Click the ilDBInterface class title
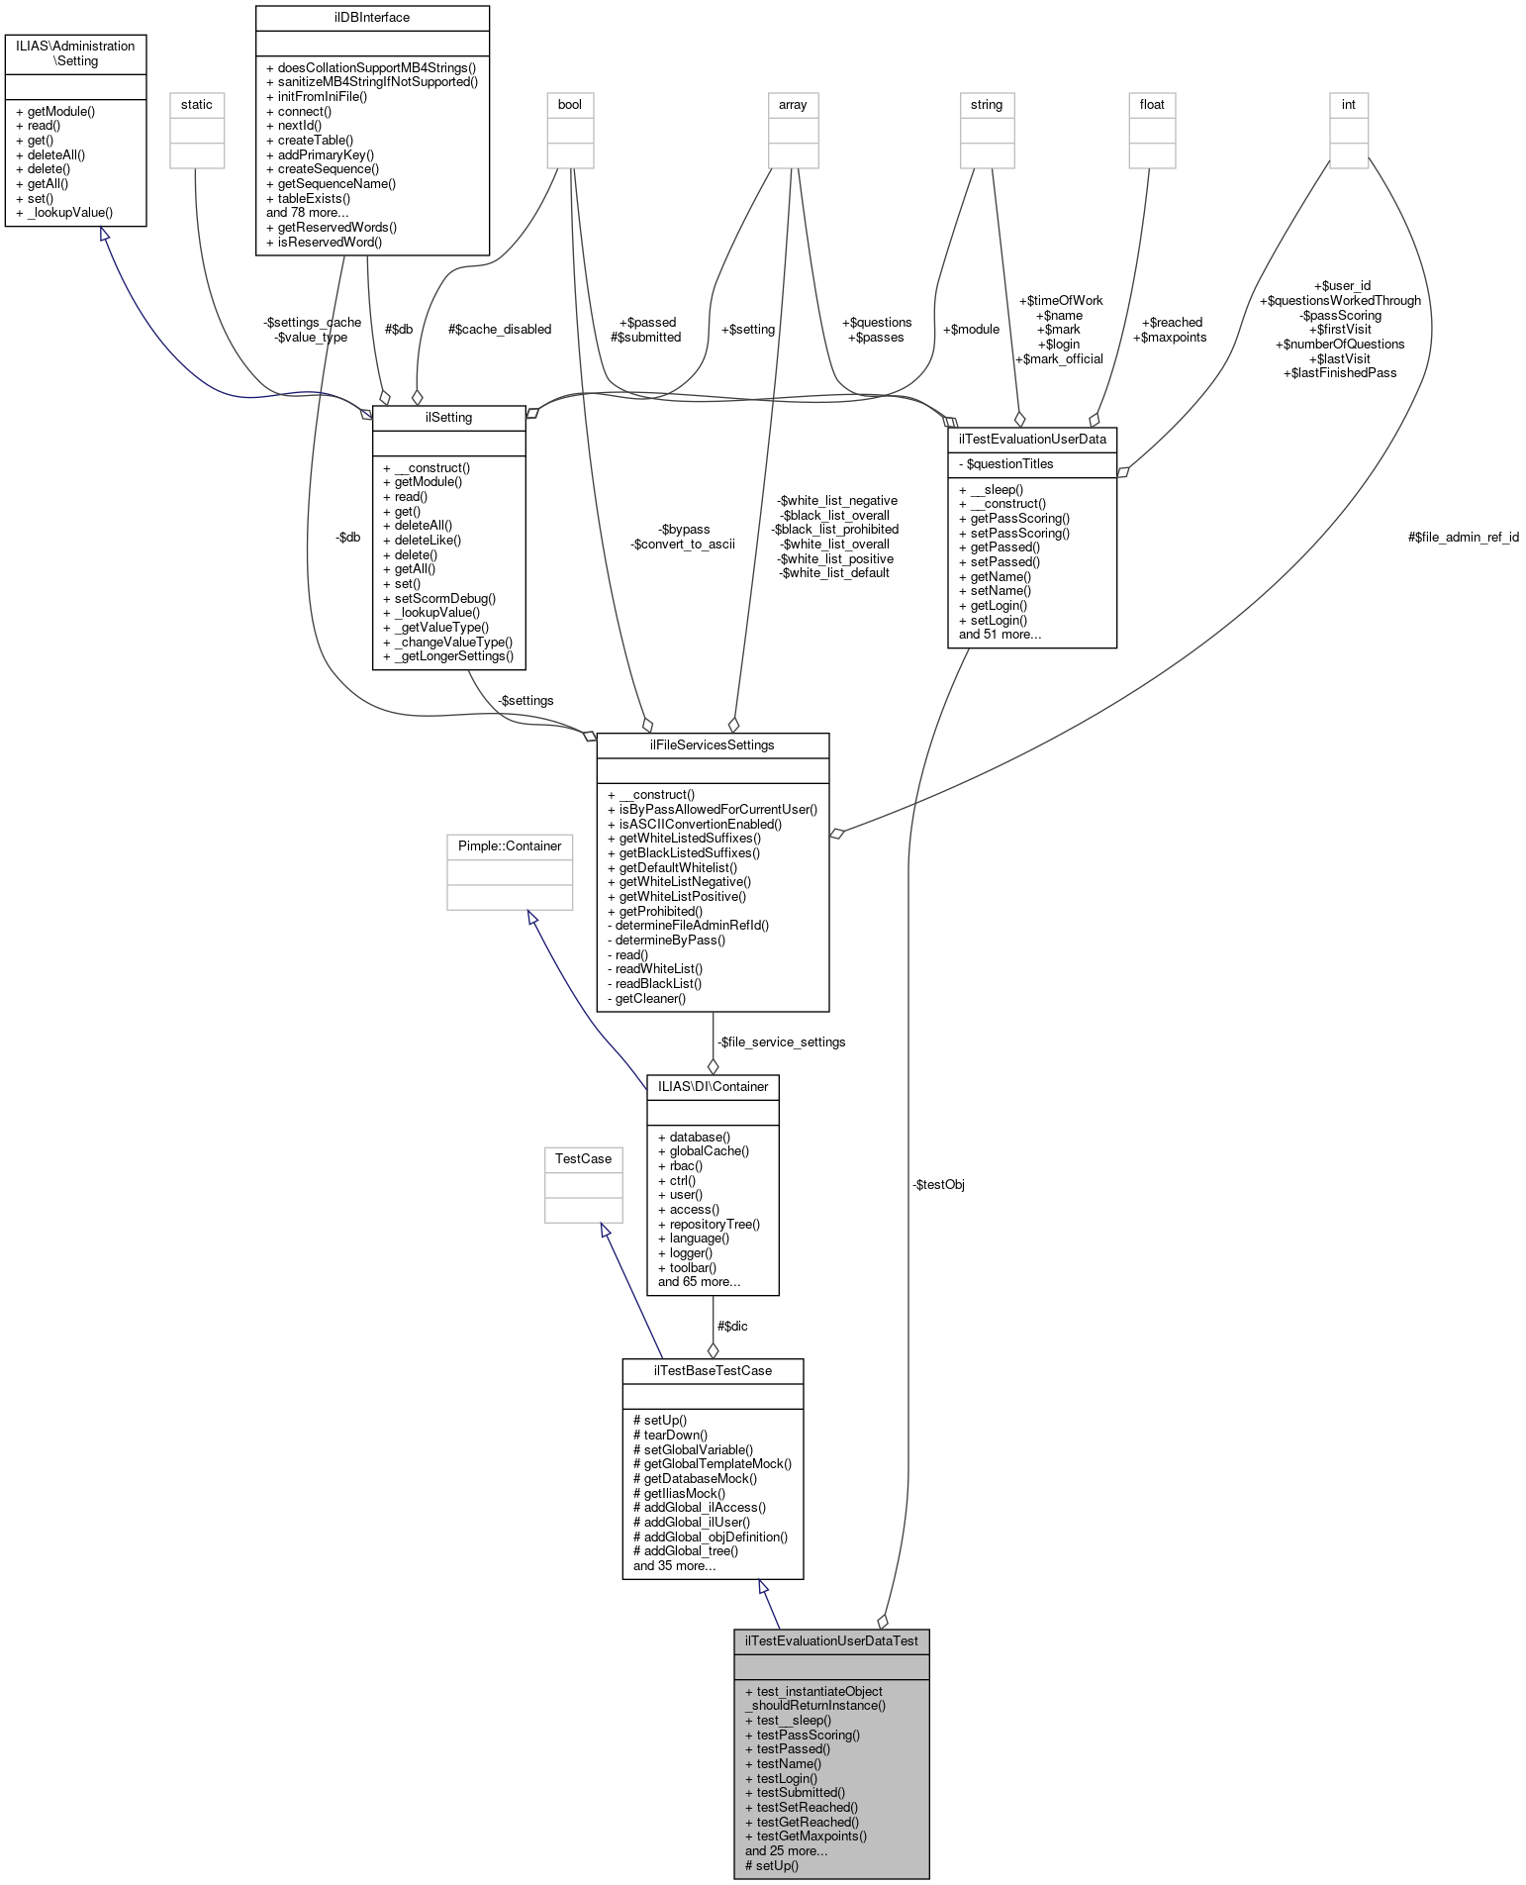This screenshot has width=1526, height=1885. click(372, 17)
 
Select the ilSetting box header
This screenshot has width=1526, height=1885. click(448, 417)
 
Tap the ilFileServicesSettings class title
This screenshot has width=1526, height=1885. click(713, 744)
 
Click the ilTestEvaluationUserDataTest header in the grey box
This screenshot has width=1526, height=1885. click(830, 1640)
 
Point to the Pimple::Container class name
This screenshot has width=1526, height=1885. click(510, 845)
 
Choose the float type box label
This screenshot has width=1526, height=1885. click(1152, 104)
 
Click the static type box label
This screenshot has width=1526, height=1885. click(196, 104)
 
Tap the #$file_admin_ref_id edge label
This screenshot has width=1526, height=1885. click(1463, 537)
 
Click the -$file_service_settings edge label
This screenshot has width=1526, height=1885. click(781, 1042)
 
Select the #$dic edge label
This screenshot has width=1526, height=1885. click(732, 1326)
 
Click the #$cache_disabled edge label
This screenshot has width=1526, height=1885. click(500, 329)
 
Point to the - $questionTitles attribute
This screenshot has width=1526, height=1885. click(1005, 463)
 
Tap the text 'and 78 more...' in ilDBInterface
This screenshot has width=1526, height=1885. click(307, 212)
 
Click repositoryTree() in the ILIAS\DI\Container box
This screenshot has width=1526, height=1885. click(709, 1224)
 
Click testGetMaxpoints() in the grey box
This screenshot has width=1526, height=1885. click(806, 1835)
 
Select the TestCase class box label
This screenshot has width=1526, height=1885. click(583, 1158)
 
